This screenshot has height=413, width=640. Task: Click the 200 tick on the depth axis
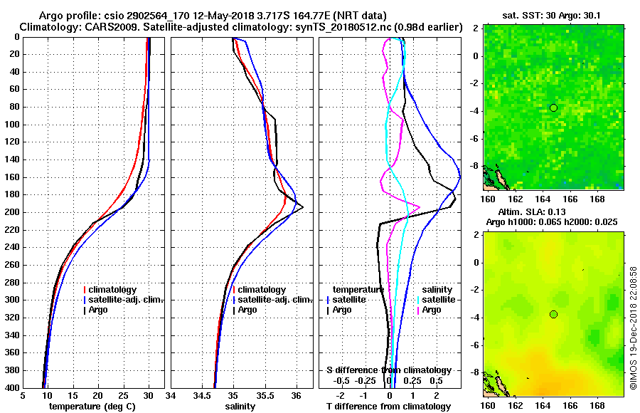pyautogui.click(x=14, y=212)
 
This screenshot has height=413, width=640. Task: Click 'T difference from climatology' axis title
pyautogui.click(x=389, y=407)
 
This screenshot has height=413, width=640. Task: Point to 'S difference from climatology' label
pyautogui.click(x=389, y=370)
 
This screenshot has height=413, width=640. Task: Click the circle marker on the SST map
pyautogui.click(x=553, y=108)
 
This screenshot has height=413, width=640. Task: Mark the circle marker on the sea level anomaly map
pyautogui.click(x=553, y=315)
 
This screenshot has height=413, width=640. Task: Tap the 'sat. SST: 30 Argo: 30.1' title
pyautogui.click(x=553, y=14)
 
